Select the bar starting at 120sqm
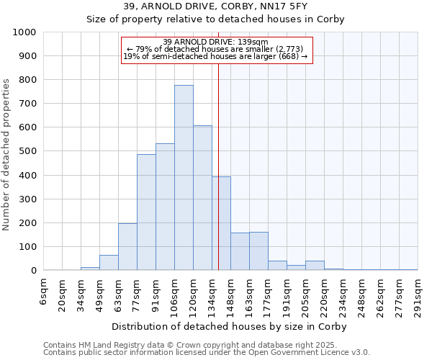pyautogui.click(x=202, y=198)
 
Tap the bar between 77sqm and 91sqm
pyautogui.click(x=146, y=212)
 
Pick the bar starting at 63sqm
pyautogui.click(x=127, y=247)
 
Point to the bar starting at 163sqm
pyautogui.click(x=258, y=251)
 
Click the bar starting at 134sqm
pyautogui.click(x=221, y=223)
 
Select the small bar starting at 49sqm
pyautogui.click(x=109, y=263)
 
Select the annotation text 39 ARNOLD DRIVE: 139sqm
pyautogui.click(x=216, y=42)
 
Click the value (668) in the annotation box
pyautogui.click(x=288, y=57)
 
